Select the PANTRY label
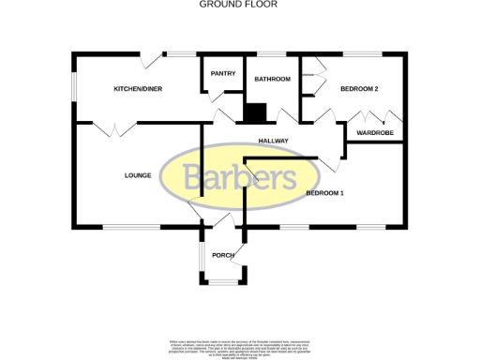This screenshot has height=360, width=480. coord(222,73)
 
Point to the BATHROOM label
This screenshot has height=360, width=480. coord(272,79)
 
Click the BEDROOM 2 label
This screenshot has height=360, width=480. coord(359,88)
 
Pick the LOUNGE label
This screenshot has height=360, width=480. coord(139,174)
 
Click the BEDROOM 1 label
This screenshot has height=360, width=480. coord(325,192)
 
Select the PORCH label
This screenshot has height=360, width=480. coord(222,255)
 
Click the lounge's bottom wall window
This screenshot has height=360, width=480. coord(131,227)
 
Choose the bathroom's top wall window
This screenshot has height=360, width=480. coord(272,53)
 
